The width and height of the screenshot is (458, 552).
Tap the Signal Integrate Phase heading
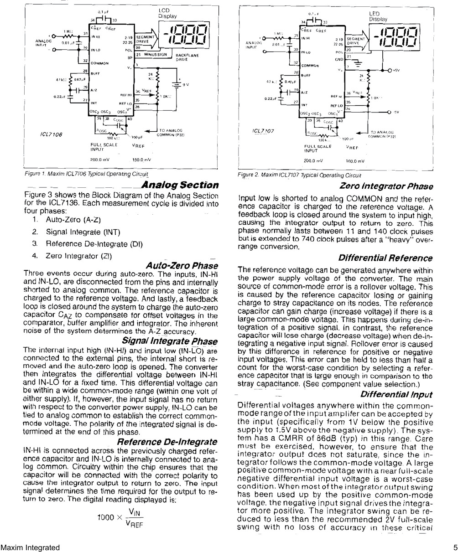coord(170,341)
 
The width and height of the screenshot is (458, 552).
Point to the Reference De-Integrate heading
coord(167,442)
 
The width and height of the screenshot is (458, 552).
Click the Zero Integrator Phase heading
coord(386,186)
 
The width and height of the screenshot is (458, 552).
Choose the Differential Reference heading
coord(390,258)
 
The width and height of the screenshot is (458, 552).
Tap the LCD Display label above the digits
coord(167,13)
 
